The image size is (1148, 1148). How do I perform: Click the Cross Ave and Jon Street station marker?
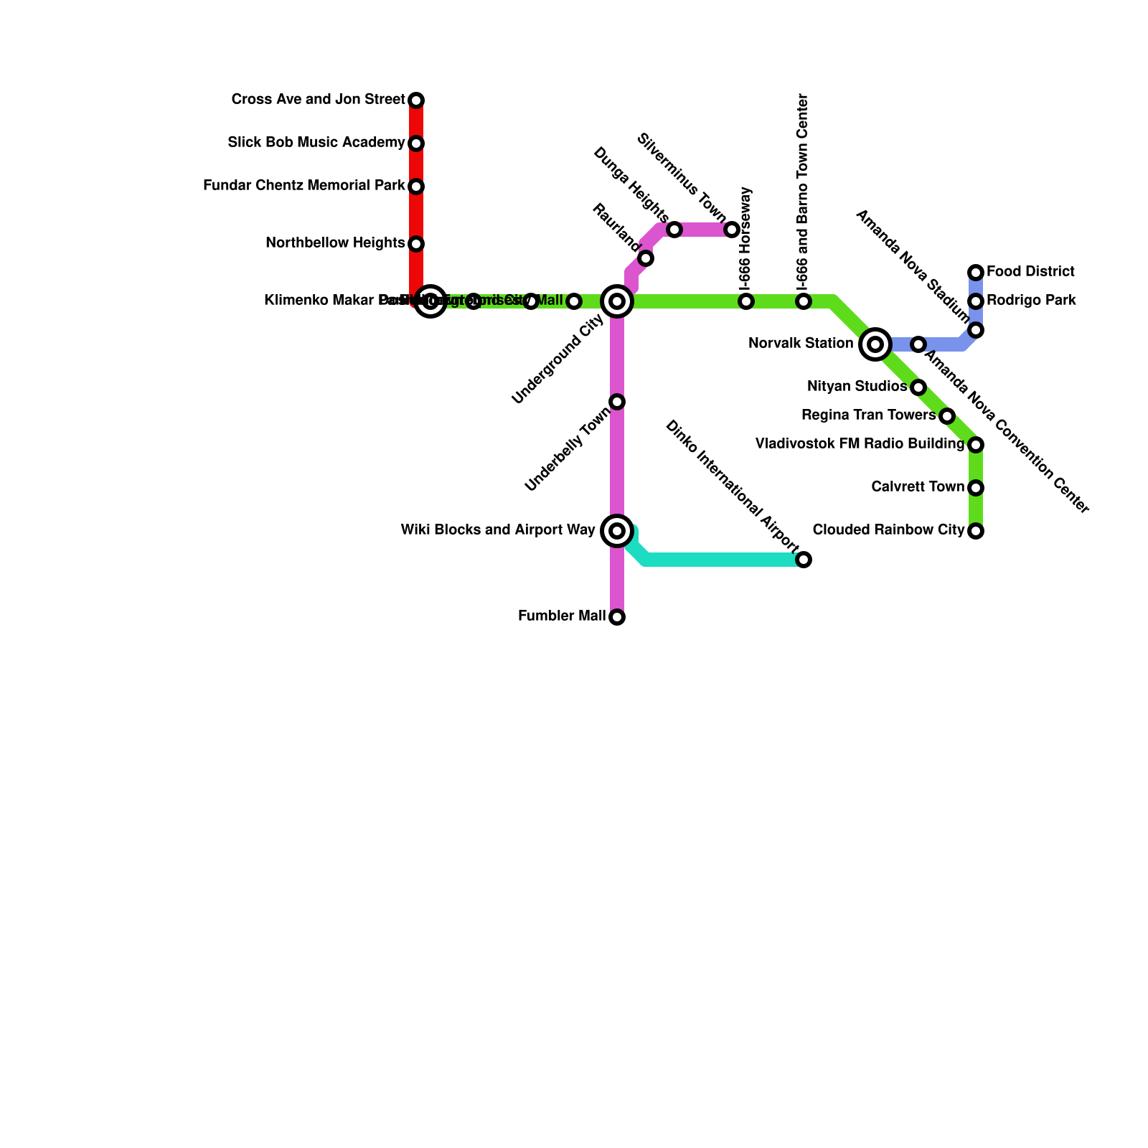pyautogui.click(x=416, y=100)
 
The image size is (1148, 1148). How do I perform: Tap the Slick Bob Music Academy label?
pyautogui.click(x=316, y=143)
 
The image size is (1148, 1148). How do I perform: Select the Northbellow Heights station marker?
pyautogui.click(x=416, y=244)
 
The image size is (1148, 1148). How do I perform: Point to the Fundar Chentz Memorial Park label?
pyautogui.click(x=304, y=186)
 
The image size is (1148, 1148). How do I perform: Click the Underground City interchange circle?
pyautogui.click(x=617, y=301)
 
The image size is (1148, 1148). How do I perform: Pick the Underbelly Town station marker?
pyautogui.click(x=617, y=402)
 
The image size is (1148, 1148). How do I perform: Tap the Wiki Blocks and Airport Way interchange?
pyautogui.click(x=617, y=531)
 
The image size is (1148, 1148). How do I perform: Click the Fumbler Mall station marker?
pyautogui.click(x=617, y=617)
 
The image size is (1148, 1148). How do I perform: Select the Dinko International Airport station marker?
pyautogui.click(x=804, y=560)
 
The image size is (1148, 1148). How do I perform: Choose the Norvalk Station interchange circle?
pyautogui.click(x=875, y=344)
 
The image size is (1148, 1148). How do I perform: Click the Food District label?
pyautogui.click(x=1030, y=272)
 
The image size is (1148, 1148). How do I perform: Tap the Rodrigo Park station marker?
pyautogui.click(x=976, y=301)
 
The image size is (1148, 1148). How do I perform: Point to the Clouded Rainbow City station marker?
pyautogui.click(x=976, y=531)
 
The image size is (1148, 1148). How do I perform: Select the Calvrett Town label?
pyautogui.click(x=918, y=487)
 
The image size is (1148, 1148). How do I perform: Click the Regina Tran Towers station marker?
pyautogui.click(x=947, y=416)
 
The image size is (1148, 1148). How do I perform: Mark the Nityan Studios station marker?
pyautogui.click(x=918, y=387)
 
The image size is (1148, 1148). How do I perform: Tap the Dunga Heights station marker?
pyautogui.click(x=674, y=230)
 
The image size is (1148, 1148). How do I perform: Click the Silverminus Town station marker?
pyautogui.click(x=732, y=230)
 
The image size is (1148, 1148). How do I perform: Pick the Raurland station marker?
pyautogui.click(x=646, y=258)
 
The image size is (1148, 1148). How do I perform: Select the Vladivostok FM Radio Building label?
pyautogui.click(x=860, y=444)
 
